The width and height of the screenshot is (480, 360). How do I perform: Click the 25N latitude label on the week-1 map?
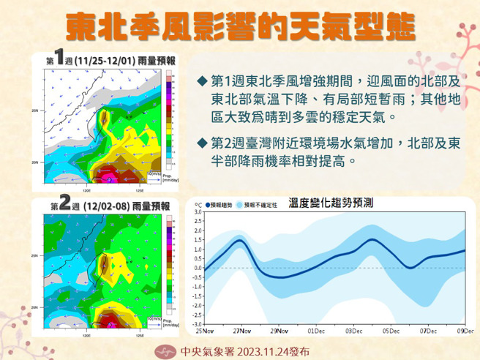click(34, 110)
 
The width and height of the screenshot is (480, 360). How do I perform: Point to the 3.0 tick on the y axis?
click(196, 212)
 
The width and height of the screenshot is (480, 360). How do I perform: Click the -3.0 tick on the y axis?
click(195, 323)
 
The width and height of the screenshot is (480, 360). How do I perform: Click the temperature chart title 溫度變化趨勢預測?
click(331, 202)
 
